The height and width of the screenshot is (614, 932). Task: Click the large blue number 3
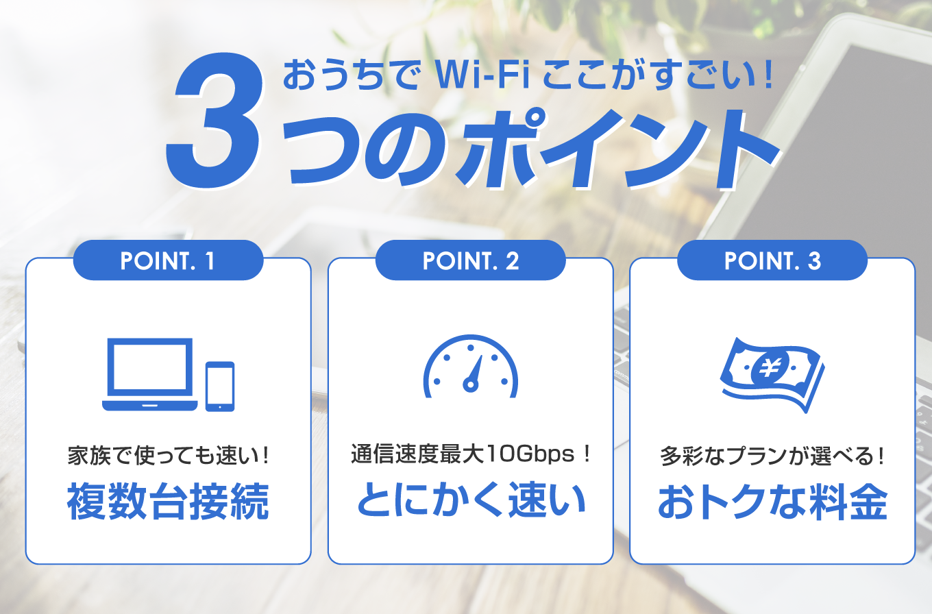click(214, 121)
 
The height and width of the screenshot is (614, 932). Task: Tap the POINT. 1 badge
click(168, 260)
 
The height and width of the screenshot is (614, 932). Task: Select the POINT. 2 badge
click(470, 260)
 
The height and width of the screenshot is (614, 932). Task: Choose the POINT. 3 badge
click(772, 260)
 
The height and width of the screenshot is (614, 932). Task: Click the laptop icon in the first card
click(150, 374)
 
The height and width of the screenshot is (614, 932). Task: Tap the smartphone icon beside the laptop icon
click(220, 386)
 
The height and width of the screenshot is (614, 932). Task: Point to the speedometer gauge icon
click(471, 366)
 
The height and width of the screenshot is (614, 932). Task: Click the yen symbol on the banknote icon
click(770, 367)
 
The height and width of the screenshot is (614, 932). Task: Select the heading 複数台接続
click(168, 501)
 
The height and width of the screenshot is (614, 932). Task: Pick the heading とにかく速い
click(471, 500)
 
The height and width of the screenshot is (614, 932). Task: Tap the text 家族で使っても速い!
click(168, 456)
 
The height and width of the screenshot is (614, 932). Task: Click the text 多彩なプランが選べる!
click(772, 456)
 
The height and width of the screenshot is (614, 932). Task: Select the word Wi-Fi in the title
click(482, 75)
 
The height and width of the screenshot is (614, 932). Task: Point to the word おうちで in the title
click(351, 75)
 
